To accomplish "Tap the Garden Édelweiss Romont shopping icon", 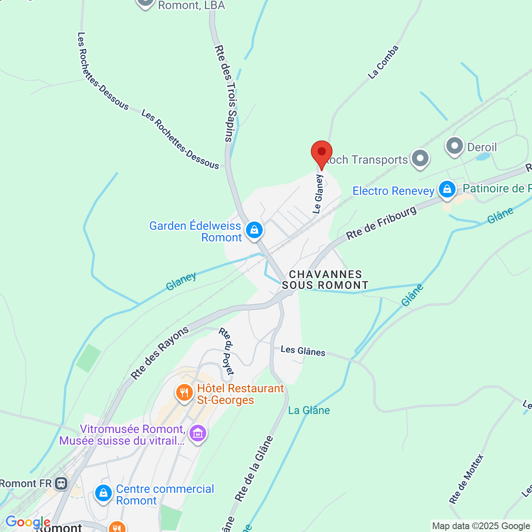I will (254, 229).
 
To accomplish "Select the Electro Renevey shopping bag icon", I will (447, 190).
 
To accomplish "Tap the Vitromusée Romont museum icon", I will (197, 433).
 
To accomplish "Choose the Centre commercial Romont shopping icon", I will (103, 493).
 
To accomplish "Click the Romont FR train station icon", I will (61, 483).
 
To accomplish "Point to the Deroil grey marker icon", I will (455, 146).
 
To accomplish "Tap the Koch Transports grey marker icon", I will (420, 158).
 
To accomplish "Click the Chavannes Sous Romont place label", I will (325, 280).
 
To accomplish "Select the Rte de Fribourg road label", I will (381, 223).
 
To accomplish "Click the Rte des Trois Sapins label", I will (227, 94).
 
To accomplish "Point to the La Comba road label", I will (383, 62).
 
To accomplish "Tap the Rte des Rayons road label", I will (160, 353).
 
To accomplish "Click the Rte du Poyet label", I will (227, 351).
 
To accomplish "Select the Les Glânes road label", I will (303, 351).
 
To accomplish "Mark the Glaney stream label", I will (181, 282).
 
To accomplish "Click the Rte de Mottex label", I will (466, 479).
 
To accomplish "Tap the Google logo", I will (27, 522).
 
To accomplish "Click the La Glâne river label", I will (309, 411).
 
